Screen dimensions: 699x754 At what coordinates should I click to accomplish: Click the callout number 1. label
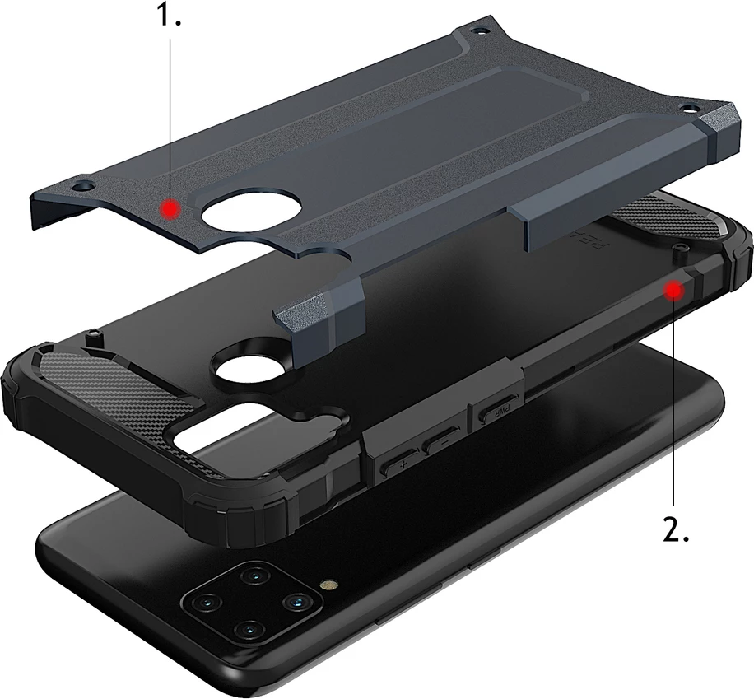169,17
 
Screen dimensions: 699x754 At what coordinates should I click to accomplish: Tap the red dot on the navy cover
170,209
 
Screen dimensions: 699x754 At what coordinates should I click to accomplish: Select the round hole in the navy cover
238,213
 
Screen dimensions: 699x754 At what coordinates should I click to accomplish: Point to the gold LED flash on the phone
328,586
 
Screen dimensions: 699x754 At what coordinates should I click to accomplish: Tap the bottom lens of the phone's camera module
246,631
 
